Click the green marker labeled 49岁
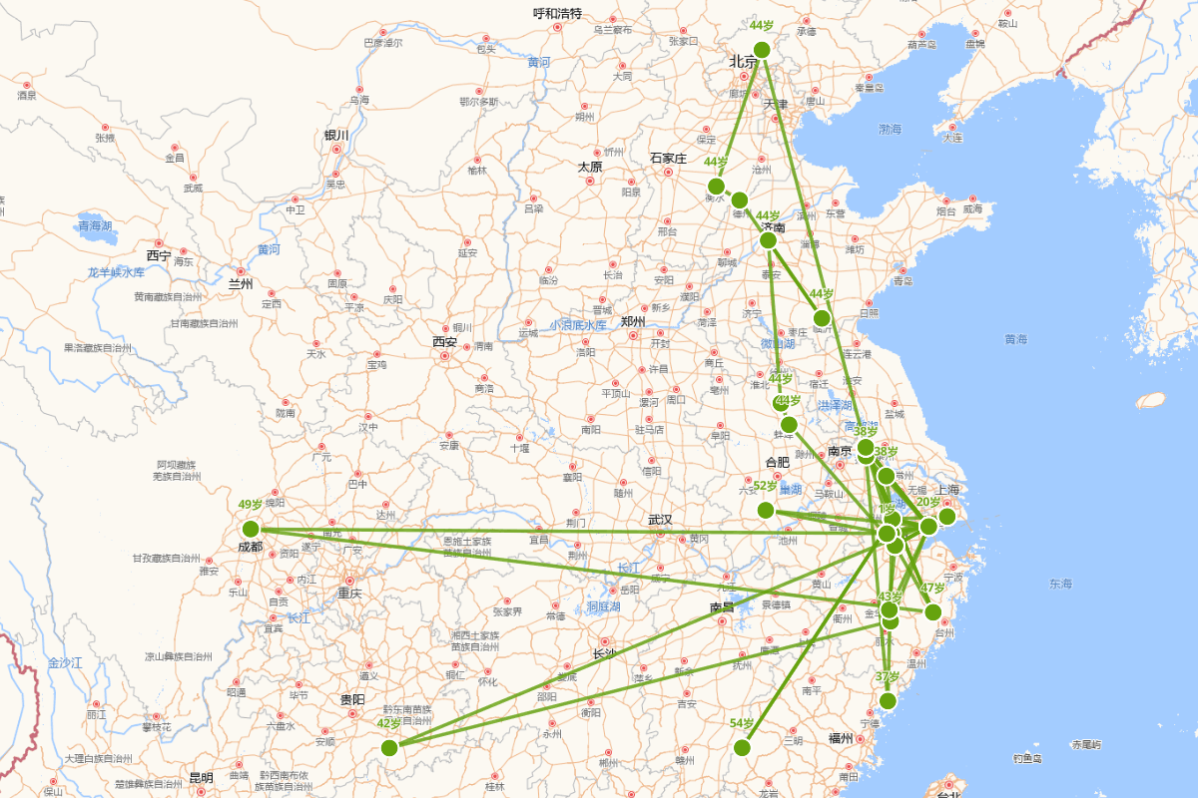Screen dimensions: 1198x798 tap(251, 529)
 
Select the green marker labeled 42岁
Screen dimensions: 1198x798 tap(389, 747)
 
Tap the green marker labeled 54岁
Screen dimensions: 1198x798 tap(742, 747)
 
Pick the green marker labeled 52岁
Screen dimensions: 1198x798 tap(766, 510)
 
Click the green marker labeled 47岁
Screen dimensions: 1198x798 tap(932, 611)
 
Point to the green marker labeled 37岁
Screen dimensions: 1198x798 tap(888, 700)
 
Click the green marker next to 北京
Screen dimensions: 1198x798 tap(762, 50)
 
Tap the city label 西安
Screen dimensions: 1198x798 tap(444, 342)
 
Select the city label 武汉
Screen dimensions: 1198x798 tap(660, 520)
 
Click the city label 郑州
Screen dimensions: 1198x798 tap(634, 321)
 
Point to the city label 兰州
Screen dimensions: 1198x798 tap(241, 284)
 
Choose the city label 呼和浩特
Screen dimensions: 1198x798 tap(557, 14)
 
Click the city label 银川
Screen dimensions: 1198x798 tap(336, 136)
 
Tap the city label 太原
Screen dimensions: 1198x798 tap(590, 167)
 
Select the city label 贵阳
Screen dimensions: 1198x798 tap(352, 700)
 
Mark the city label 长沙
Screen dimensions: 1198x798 tap(604, 654)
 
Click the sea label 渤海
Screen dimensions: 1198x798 tap(890, 130)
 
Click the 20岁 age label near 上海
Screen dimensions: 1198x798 tap(928, 503)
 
